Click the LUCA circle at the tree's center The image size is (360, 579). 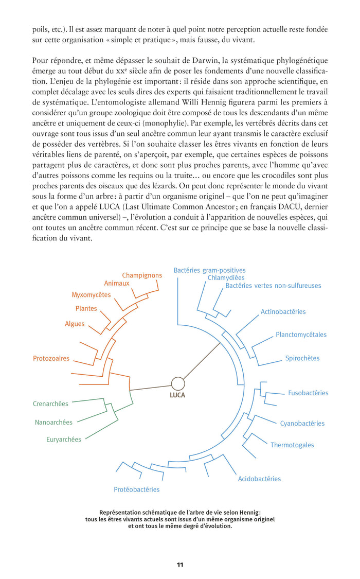tap(178, 383)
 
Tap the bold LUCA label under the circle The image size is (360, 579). tap(177, 396)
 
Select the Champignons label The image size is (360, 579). tap(142, 275)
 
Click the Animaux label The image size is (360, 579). tap(117, 283)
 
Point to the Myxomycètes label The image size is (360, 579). tap(91, 295)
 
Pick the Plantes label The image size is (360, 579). tap(86, 309)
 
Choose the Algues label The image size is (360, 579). tap(75, 324)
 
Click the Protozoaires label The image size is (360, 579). tap(51, 358)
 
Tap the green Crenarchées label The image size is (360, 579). tap(50, 404)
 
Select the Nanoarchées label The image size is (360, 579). tap(53, 423)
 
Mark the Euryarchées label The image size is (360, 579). tap(64, 440)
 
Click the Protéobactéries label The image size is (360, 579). tap(136, 489)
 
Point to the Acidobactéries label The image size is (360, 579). tap(259, 479)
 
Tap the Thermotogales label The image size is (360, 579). tap(292, 445)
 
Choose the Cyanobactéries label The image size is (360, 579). tap(302, 424)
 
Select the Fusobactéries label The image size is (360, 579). tap(308, 393)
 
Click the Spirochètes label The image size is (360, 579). tap(302, 358)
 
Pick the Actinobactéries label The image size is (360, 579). tap(283, 311)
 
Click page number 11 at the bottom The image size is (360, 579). tap(180, 565)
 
